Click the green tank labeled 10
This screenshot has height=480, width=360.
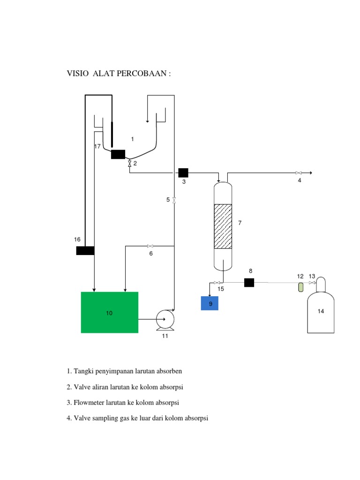tap(109, 312)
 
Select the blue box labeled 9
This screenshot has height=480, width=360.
tap(210, 303)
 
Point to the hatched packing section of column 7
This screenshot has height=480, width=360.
tap(223, 226)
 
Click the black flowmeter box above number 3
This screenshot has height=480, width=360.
tap(183, 172)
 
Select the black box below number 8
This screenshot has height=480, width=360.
tap(249, 283)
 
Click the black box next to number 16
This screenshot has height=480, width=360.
tap(85, 250)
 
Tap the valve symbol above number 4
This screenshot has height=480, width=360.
tap(298, 172)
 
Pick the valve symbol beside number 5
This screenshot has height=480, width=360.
tap(174, 200)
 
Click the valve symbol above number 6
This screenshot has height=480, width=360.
tap(150, 246)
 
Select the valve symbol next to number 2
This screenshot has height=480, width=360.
tap(129, 164)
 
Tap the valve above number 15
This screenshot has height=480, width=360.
tap(217, 283)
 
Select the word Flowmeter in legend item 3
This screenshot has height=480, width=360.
tap(90, 403)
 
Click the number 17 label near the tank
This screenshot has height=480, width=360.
tap(97, 147)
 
